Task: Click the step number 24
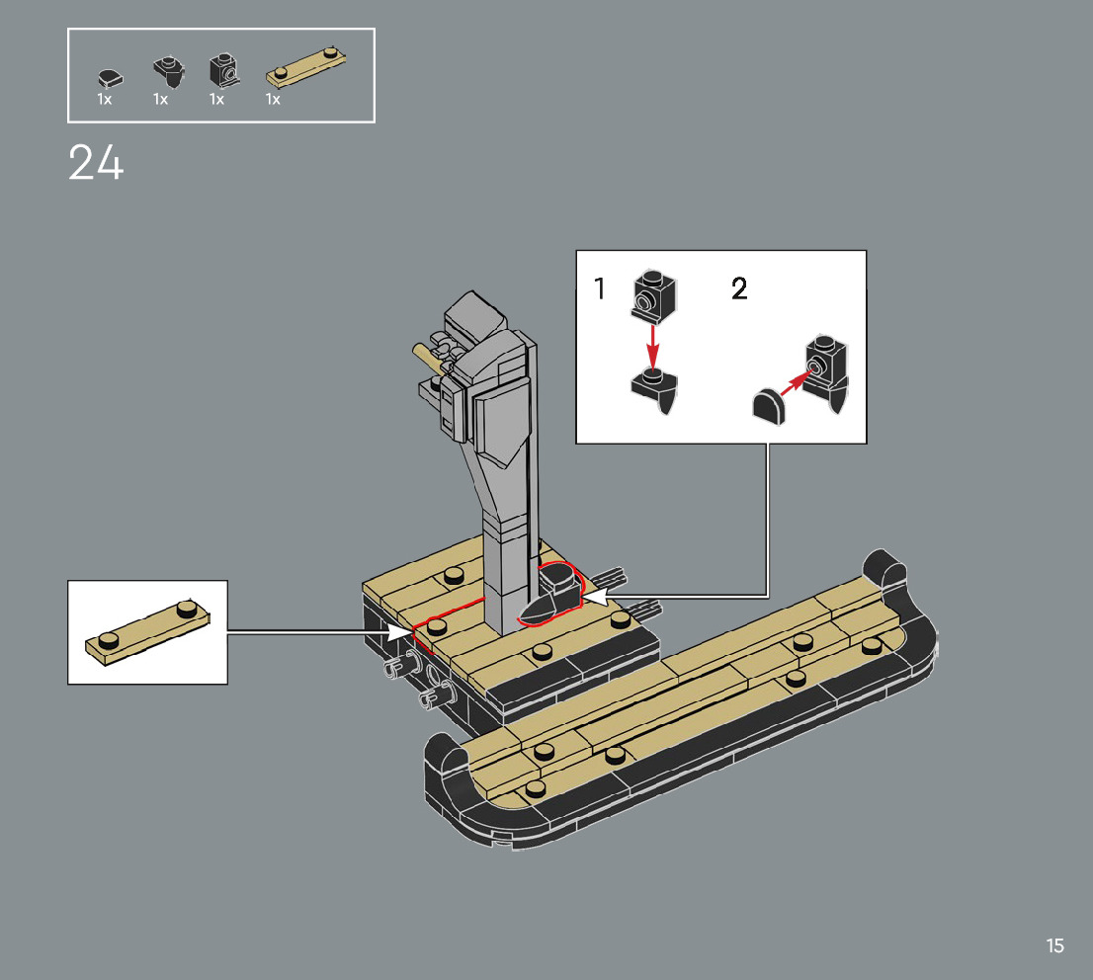click(96, 162)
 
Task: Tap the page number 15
click(1054, 945)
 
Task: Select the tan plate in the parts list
click(306, 67)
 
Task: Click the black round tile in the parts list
click(110, 79)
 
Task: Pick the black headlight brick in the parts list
click(224, 70)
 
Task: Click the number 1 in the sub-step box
click(600, 287)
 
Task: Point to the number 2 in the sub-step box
click(739, 287)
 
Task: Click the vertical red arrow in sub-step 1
click(652, 346)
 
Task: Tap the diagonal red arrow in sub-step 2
click(797, 382)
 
